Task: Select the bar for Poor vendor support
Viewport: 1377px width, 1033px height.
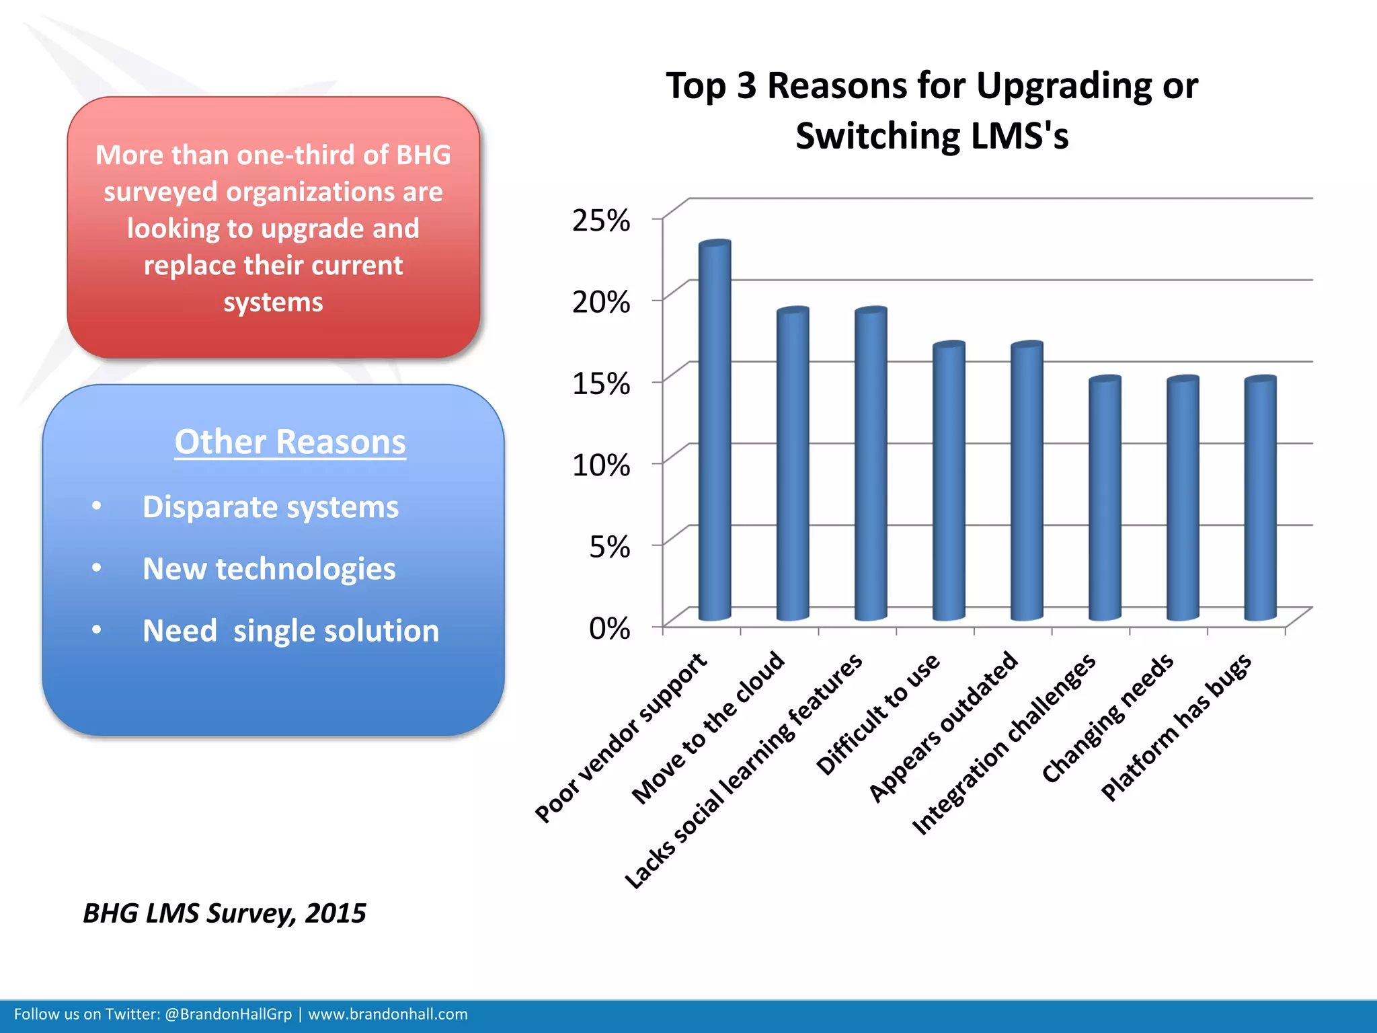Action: (715, 430)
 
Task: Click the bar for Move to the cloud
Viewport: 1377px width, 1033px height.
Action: (793, 464)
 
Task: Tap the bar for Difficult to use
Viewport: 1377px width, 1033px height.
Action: (949, 481)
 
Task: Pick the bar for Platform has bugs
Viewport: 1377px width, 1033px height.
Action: (1260, 498)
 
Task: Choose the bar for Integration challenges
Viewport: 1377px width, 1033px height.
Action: (1105, 498)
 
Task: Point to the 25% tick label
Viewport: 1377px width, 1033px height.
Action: (600, 221)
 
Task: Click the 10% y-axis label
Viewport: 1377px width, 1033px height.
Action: (600, 465)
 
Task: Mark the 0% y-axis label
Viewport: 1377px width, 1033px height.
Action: (609, 629)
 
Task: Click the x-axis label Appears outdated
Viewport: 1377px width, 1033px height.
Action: (943, 727)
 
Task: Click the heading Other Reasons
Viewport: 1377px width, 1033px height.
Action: (290, 442)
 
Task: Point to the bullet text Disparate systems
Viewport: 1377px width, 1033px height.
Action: (270, 507)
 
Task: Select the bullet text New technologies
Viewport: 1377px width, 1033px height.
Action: (269, 569)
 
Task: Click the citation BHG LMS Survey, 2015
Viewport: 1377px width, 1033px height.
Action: (224, 913)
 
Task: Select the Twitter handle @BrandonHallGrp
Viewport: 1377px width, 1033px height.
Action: (228, 1014)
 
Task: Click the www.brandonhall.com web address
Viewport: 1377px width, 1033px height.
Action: (387, 1014)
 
